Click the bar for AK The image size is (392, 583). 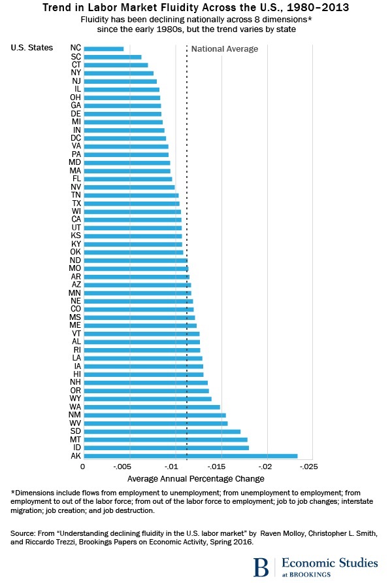click(x=190, y=455)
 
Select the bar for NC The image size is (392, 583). click(x=103, y=48)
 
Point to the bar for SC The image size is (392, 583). click(x=112, y=57)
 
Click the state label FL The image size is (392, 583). click(x=76, y=179)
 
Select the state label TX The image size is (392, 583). click(x=76, y=203)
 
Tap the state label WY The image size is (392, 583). click(x=76, y=398)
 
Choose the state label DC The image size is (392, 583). click(x=76, y=138)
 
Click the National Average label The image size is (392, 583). click(x=224, y=49)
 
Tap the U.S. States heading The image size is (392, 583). click(x=32, y=48)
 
